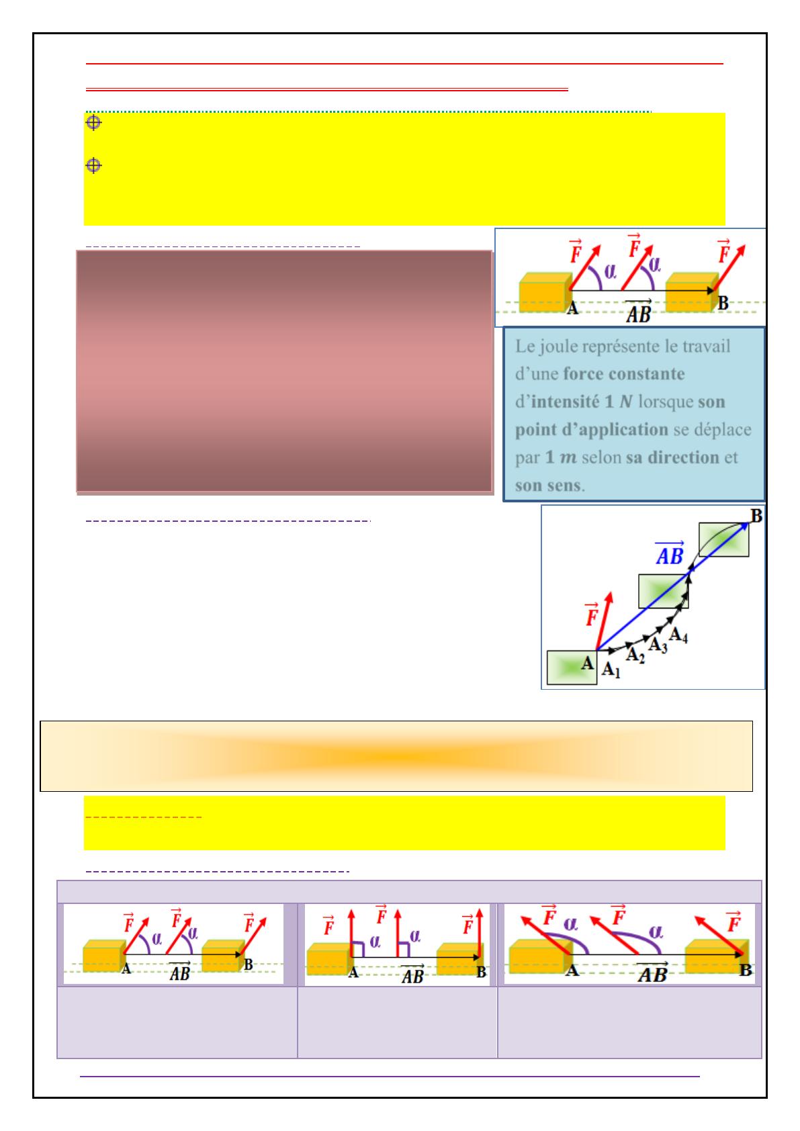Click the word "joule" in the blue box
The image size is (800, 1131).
pyautogui.click(x=557, y=347)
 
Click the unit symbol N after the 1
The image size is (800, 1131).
pyautogui.click(x=626, y=402)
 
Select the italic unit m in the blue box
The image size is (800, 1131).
pyautogui.click(x=568, y=458)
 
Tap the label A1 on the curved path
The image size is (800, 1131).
pyautogui.click(x=611, y=670)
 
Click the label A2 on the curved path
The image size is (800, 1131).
pyautogui.click(x=635, y=655)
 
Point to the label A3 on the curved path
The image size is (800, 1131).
pyautogui.click(x=658, y=645)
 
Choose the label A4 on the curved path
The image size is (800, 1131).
pyautogui.click(x=678, y=635)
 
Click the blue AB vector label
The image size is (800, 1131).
pyautogui.click(x=670, y=553)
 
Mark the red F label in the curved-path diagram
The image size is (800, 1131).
pyautogui.click(x=591, y=615)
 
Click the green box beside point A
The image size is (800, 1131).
pyautogui.click(x=572, y=668)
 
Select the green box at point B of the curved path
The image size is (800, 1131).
pyautogui.click(x=723, y=540)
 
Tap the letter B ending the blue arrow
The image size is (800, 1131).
pyautogui.click(x=756, y=516)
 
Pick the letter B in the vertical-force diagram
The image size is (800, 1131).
pyautogui.click(x=482, y=972)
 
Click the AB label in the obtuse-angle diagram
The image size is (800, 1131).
pyautogui.click(x=652, y=972)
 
